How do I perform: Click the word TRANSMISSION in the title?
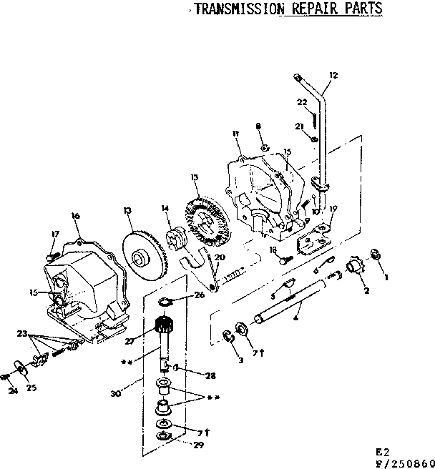[x=238, y=9]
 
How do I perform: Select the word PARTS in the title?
[x=362, y=9]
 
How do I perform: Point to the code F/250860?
[x=405, y=462]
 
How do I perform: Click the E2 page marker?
[x=385, y=452]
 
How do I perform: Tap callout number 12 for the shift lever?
[x=333, y=74]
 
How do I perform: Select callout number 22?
[x=301, y=102]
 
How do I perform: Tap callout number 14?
[x=165, y=208]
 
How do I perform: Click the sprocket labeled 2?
[x=352, y=269]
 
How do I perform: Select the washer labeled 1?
[x=375, y=254]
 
